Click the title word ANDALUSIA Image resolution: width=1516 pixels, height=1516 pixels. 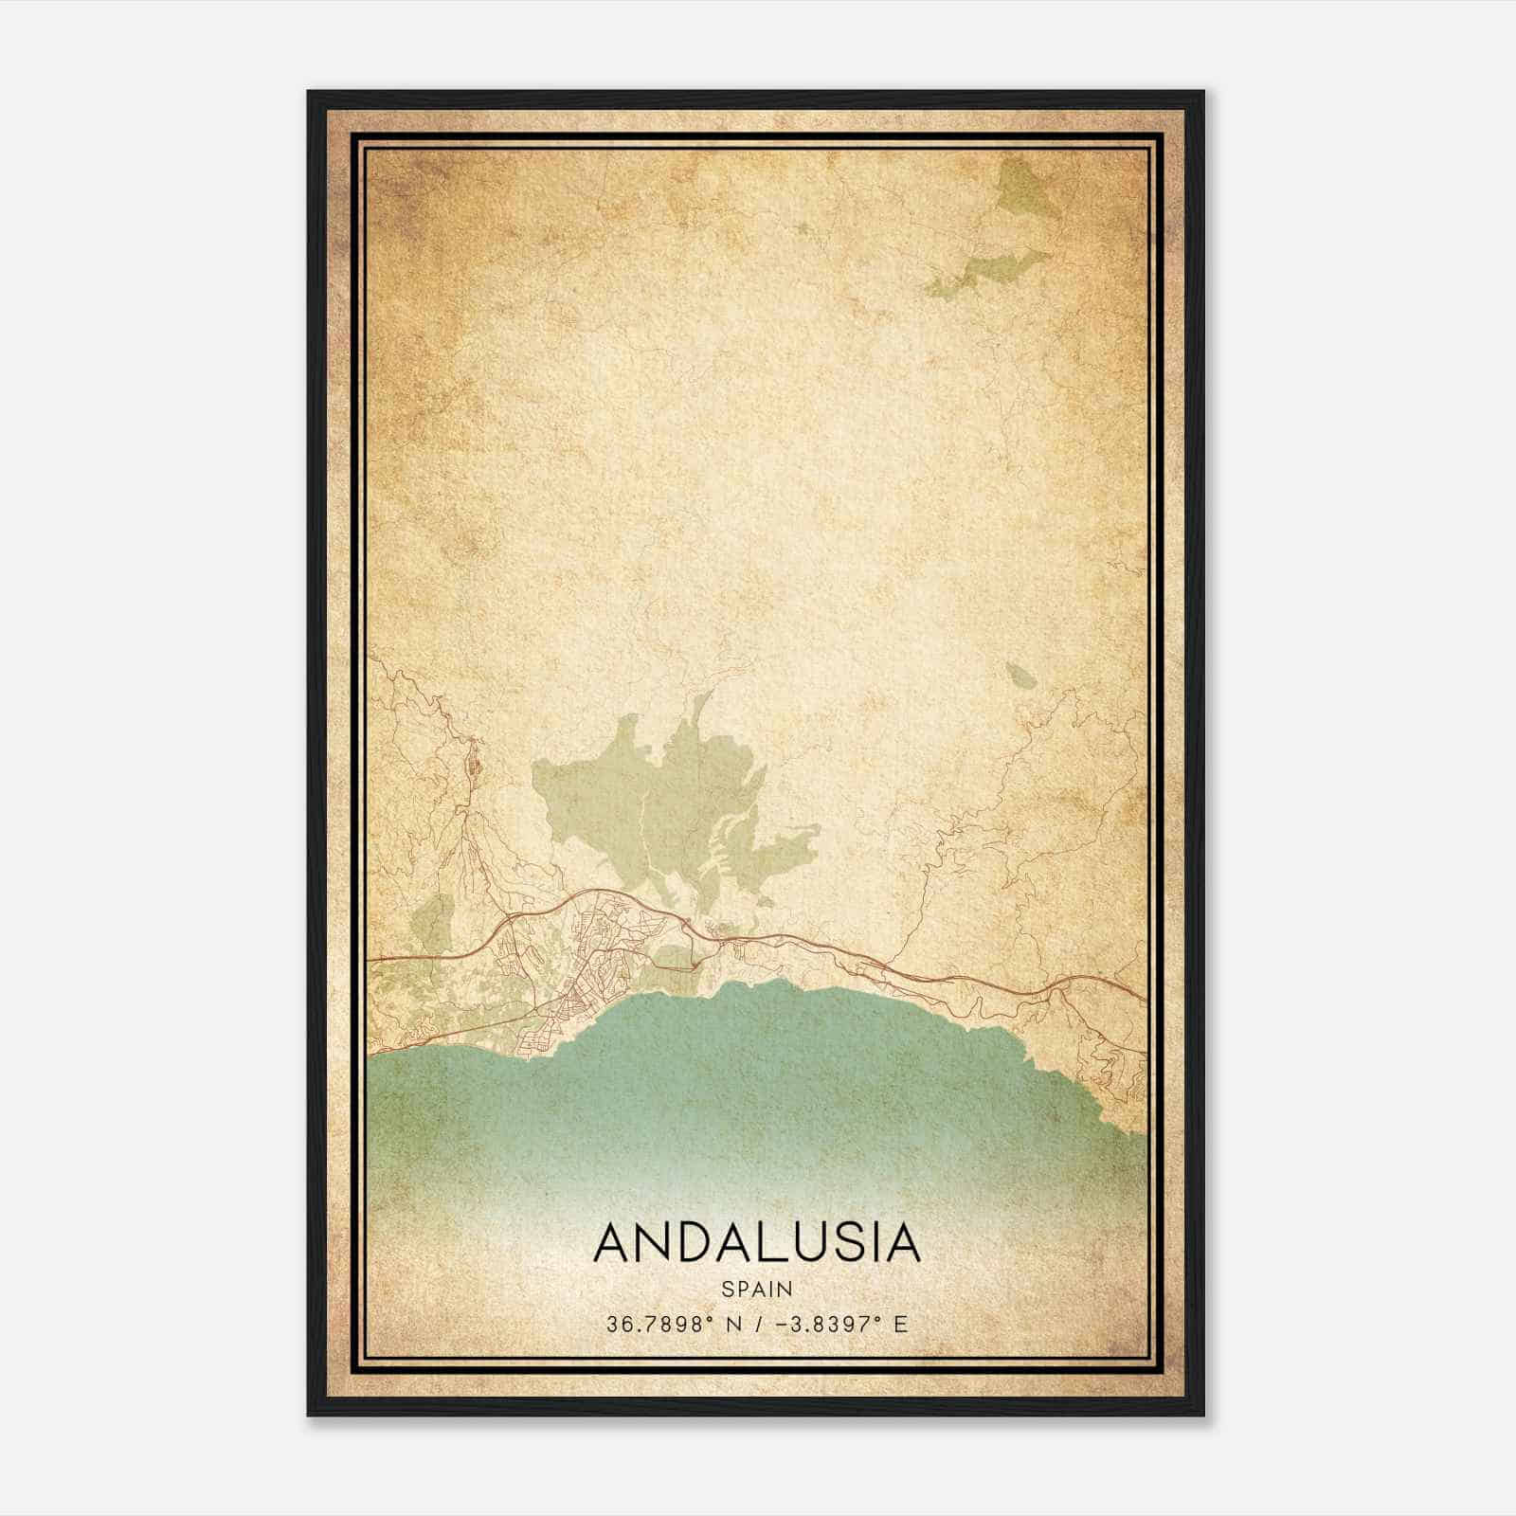tap(757, 1242)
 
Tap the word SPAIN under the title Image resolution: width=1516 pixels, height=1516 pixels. tap(757, 1290)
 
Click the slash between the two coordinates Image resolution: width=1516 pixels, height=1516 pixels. tap(756, 1324)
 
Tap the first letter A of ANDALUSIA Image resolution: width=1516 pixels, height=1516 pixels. tap(613, 1242)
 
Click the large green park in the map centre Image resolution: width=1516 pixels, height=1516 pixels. tap(663, 805)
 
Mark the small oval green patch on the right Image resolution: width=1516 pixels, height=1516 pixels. tap(1020, 676)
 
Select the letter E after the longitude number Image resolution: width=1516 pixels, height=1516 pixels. tap(901, 1324)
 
